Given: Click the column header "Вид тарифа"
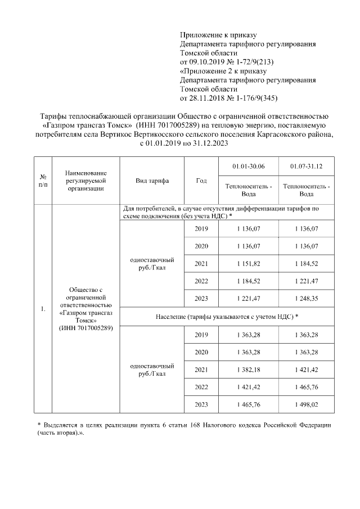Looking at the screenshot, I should [152, 181].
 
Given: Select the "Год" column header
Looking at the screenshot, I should [201, 181].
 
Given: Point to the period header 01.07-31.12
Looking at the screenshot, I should [306, 166].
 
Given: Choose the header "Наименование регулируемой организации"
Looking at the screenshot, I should [85, 181].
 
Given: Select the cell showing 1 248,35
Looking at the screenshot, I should [306, 298].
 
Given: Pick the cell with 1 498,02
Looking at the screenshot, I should [306, 404].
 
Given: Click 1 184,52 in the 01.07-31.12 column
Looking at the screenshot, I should [306, 264].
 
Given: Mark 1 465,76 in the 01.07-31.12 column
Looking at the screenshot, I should [306, 387].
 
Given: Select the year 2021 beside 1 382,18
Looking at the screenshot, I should [201, 370].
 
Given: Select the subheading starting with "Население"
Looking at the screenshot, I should [227, 317].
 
